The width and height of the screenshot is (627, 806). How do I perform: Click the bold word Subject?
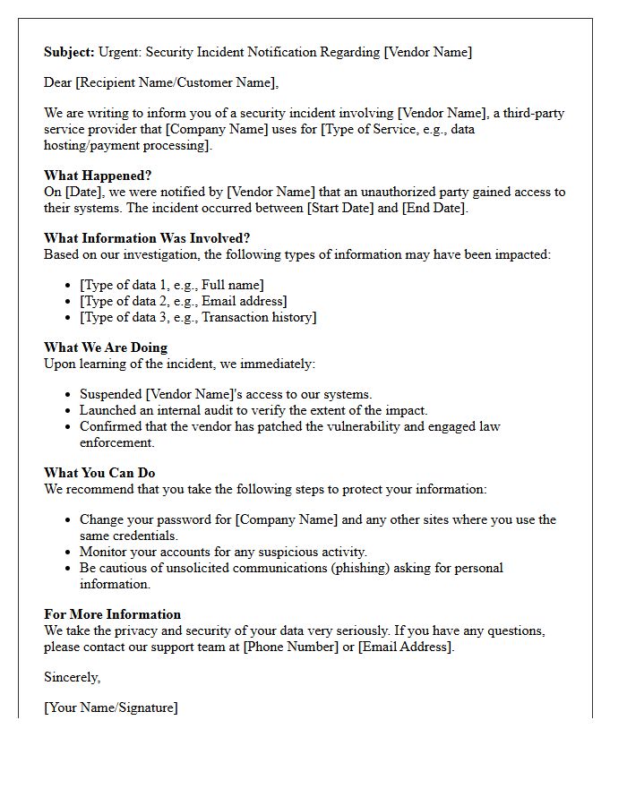tap(69, 52)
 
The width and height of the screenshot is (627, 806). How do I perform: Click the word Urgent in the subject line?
tap(120, 52)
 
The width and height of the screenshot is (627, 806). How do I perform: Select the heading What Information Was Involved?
tap(147, 238)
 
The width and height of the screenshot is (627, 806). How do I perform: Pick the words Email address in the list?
tap(244, 301)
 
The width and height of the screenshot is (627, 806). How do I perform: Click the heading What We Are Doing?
tap(106, 347)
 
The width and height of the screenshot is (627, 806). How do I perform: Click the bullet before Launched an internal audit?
tap(69, 410)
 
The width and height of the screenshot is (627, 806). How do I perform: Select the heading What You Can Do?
tap(99, 473)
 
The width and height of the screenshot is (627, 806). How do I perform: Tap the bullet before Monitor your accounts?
tap(69, 552)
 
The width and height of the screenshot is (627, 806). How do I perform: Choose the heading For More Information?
tap(112, 614)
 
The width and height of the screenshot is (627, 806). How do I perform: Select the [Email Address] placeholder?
tap(404, 647)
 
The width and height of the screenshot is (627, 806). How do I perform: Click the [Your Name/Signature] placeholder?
tap(111, 707)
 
